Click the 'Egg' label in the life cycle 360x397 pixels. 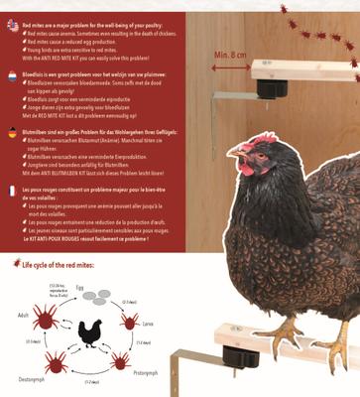pyautogui.click(x=79, y=286)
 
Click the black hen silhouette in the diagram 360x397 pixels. pyautogui.click(x=90, y=332)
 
